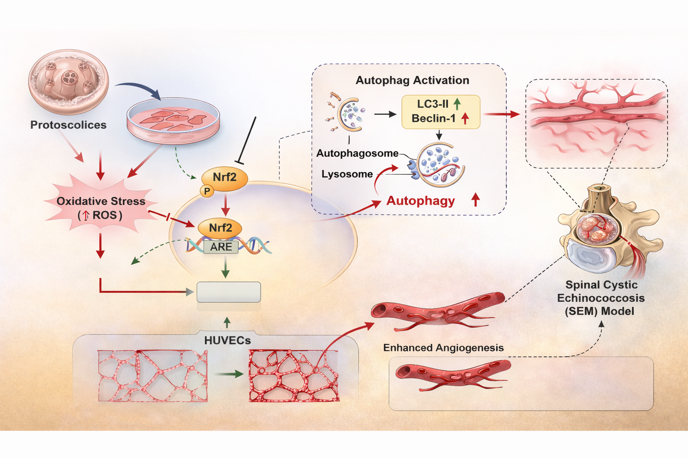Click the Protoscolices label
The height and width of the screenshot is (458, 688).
click(68, 125)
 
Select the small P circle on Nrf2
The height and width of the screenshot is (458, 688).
click(207, 191)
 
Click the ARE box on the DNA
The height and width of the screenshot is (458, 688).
click(221, 247)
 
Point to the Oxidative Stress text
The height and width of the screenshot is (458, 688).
click(101, 201)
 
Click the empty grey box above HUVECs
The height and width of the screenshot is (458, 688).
click(229, 292)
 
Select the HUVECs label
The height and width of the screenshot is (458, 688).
click(228, 340)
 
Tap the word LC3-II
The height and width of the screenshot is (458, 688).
click(433, 104)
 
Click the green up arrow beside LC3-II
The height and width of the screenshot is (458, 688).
click(457, 104)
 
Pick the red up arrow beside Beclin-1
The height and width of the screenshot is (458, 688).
click(465, 119)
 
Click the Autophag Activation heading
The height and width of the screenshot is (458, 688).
click(412, 81)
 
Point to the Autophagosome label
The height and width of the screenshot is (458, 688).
click(357, 153)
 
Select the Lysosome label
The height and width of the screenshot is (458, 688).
click(347, 174)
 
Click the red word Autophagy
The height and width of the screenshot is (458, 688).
click(421, 201)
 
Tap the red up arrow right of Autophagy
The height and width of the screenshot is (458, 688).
click(476, 200)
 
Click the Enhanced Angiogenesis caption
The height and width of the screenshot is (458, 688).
click(443, 348)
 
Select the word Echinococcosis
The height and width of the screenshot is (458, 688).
click(601, 298)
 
